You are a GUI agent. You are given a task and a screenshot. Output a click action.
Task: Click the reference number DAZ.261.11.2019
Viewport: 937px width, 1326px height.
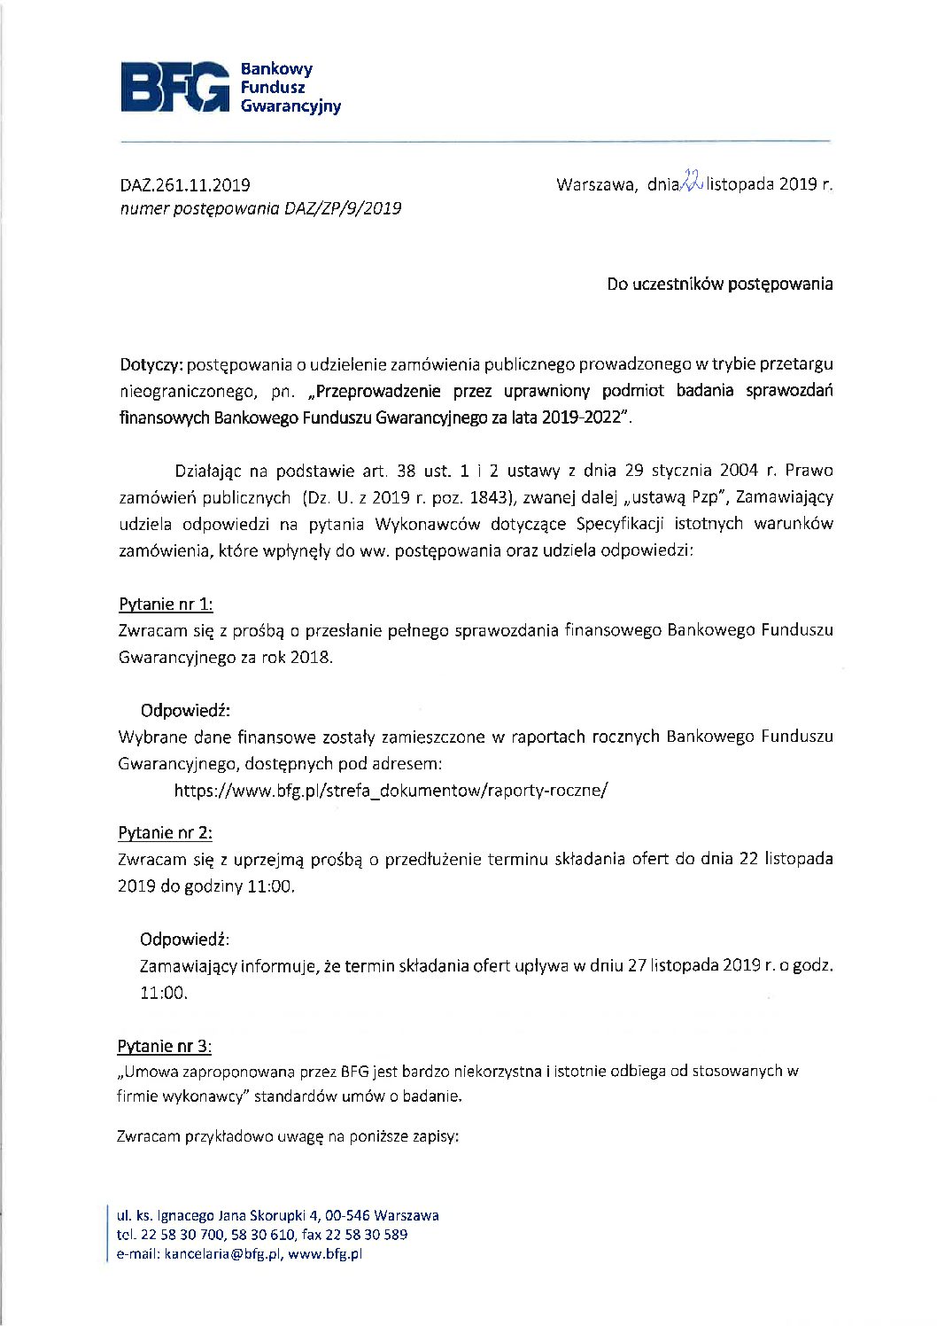[x=185, y=185]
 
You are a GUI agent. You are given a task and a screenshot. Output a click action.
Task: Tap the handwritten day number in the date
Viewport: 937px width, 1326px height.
[x=691, y=182]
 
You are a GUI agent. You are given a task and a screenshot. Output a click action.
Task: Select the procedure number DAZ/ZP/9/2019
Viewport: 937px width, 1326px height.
[x=343, y=209]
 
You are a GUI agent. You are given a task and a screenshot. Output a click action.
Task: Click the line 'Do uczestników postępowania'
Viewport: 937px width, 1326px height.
[x=719, y=285]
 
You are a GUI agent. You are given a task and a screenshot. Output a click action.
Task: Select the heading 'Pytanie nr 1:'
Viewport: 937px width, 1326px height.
[x=166, y=604]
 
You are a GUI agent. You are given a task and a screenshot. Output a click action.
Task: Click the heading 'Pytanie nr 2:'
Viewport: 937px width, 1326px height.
[x=165, y=833]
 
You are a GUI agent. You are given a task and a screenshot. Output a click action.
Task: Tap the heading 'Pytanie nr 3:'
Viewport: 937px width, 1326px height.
[x=164, y=1046]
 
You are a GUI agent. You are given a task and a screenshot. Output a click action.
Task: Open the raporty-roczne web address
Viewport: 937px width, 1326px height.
[x=391, y=790]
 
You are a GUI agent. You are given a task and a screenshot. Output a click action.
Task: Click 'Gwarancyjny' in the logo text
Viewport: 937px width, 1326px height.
[x=290, y=106]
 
